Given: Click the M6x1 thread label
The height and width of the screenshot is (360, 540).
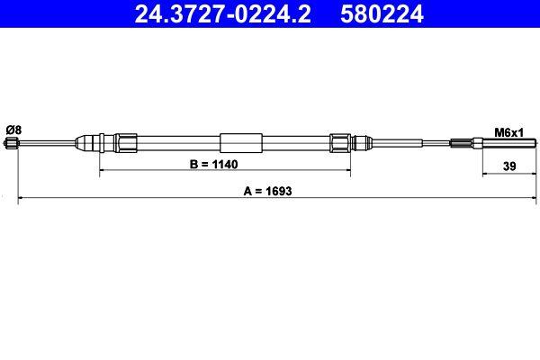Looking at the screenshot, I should click(x=509, y=131).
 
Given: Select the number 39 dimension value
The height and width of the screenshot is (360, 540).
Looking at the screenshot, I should click(x=509, y=166).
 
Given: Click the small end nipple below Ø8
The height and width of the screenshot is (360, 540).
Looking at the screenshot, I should click(x=12, y=143).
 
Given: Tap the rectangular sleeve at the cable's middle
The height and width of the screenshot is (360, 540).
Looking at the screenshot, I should click(x=241, y=142).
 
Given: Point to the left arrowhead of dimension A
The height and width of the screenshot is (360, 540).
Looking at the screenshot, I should click(x=22, y=199).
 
